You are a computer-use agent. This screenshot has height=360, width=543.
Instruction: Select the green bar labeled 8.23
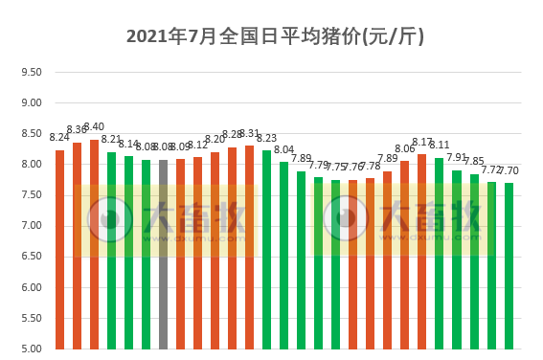tap(267, 249)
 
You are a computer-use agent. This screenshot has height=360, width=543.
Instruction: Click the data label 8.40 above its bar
tap(94, 126)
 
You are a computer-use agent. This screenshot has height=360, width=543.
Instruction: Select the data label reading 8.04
tap(284, 149)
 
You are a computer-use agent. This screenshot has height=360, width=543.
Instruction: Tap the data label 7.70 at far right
tap(509, 170)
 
